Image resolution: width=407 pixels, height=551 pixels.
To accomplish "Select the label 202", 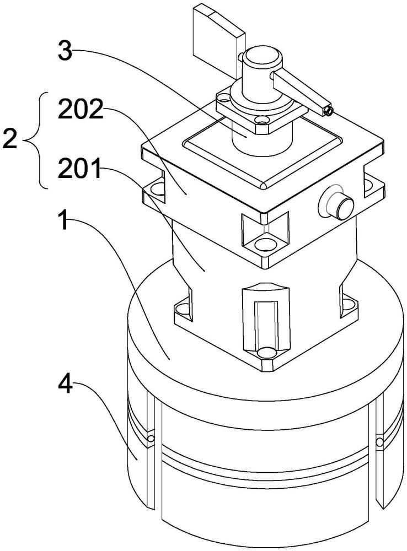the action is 81,110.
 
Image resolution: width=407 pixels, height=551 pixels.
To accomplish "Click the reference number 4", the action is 66,385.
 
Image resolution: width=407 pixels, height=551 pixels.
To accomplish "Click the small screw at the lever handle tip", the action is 329,111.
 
